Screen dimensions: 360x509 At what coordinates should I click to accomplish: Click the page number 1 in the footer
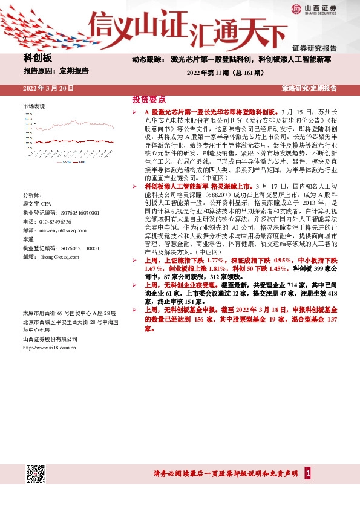tap(309, 472)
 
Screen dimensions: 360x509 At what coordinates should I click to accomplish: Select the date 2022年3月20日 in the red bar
tap(48, 88)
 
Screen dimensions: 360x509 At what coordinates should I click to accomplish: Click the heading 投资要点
tap(148, 99)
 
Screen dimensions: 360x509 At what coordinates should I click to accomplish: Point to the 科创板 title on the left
tap(38, 58)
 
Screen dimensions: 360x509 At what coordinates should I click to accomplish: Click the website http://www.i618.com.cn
tap(50, 348)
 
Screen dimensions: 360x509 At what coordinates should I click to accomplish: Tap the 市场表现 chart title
tap(34, 106)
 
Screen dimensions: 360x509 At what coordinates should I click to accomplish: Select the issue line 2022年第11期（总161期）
tap(224, 73)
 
